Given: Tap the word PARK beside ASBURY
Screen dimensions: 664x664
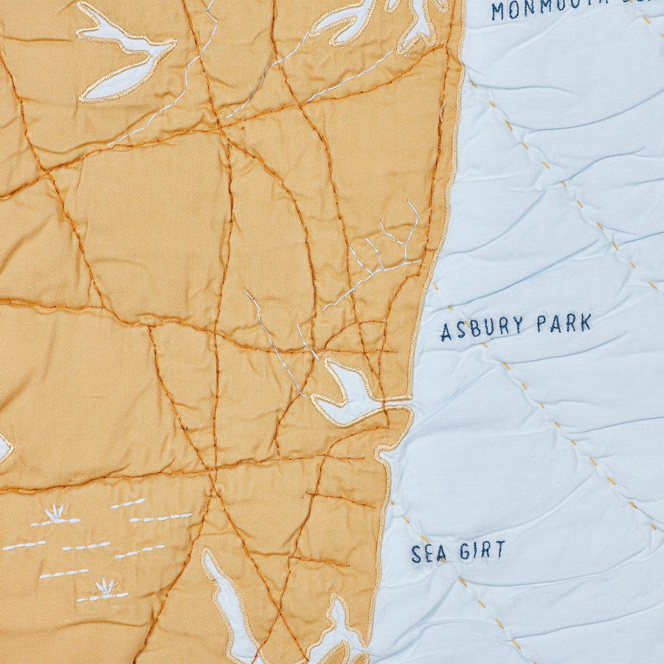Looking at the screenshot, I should point(564,324).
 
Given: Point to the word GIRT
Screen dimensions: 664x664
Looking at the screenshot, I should point(482,550).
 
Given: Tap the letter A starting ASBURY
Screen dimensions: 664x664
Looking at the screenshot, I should point(446,333).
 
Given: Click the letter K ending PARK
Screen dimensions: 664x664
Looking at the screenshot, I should point(586,322).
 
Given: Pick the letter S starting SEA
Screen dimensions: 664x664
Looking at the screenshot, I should point(416,554).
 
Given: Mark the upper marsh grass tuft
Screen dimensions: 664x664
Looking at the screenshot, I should point(55,514).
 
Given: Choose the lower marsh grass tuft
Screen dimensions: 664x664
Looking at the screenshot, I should point(106,588).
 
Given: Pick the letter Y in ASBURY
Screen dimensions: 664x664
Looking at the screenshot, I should point(519,325).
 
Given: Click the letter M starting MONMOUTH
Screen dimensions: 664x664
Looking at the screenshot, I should point(499,11).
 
